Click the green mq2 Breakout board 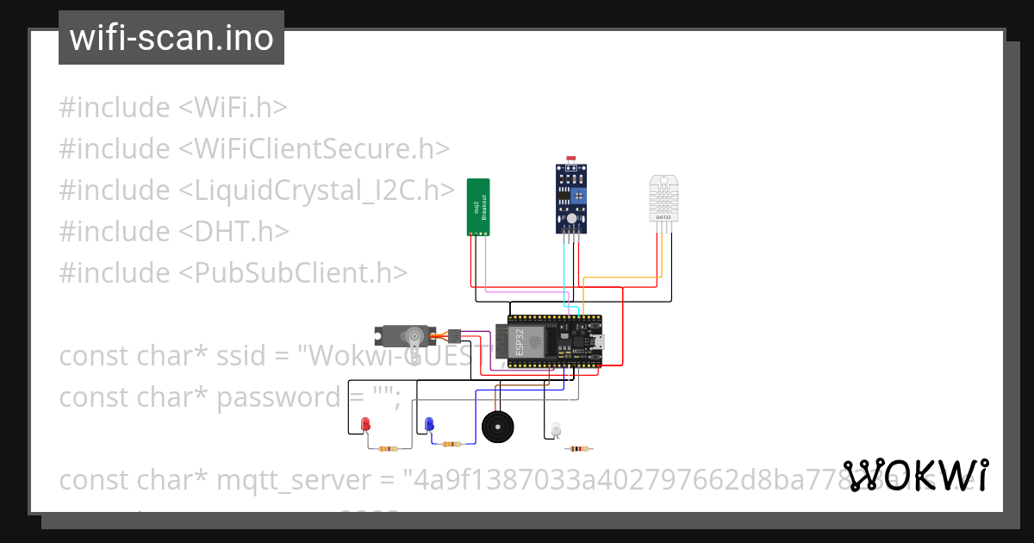[x=478, y=207]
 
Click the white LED [x=556, y=428]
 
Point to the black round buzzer [x=496, y=427]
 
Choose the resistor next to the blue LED [x=451, y=444]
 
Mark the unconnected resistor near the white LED [x=579, y=448]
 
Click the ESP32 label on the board [x=519, y=341]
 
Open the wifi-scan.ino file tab [x=171, y=38]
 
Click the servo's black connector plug [x=455, y=334]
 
